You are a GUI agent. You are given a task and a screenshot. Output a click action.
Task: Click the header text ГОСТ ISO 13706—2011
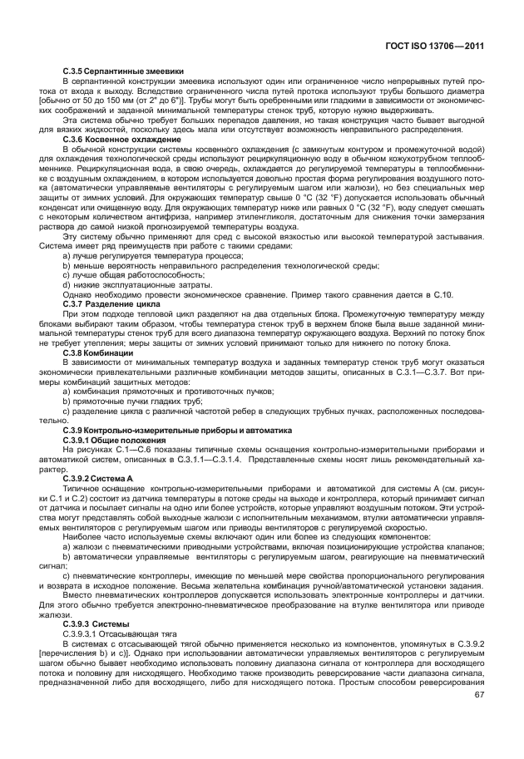(x=437, y=47)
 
